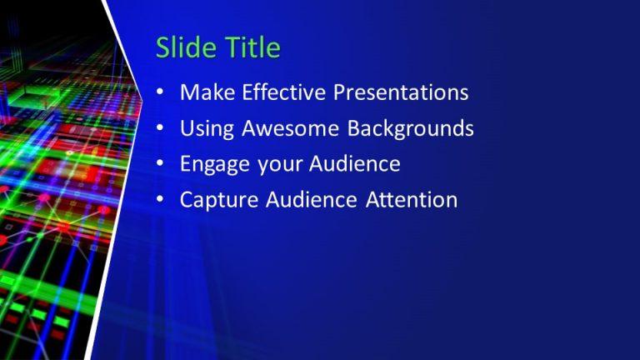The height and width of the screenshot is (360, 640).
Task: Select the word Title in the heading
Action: click(251, 47)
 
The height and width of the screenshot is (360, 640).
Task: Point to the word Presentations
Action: click(401, 92)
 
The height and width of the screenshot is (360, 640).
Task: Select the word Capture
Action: click(217, 201)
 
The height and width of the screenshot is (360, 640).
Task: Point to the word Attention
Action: click(415, 200)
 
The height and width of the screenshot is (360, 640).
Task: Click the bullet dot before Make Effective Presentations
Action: click(160, 93)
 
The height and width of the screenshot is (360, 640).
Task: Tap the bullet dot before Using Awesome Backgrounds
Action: click(160, 129)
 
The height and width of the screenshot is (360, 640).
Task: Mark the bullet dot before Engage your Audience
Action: click(160, 165)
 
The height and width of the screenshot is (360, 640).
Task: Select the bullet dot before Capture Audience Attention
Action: click(160, 201)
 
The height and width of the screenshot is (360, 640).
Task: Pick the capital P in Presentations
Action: click(339, 92)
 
